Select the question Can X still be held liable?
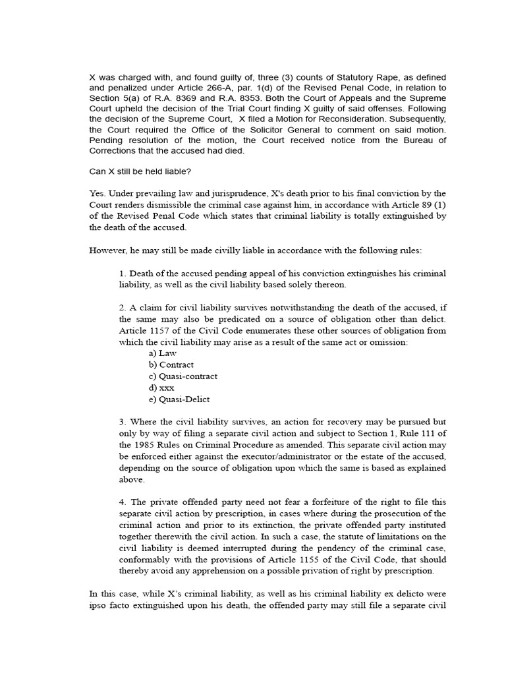point(140,171)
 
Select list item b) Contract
point(171,365)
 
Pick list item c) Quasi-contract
point(183,376)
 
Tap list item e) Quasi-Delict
point(179,399)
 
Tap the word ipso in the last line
point(99,605)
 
